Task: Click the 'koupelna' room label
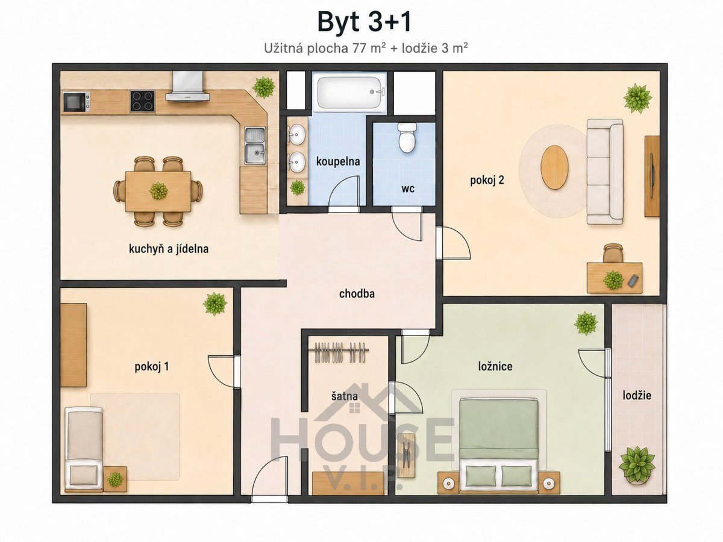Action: [x=338, y=161]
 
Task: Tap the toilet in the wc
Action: [x=407, y=138]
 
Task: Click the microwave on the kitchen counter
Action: [x=77, y=102]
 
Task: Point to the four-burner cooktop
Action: [x=142, y=101]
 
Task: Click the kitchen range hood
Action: [x=187, y=86]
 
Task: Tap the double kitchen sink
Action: [x=255, y=146]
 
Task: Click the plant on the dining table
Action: [x=158, y=191]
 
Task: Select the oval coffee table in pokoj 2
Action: [x=555, y=167]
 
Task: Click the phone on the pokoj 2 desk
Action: [x=633, y=281]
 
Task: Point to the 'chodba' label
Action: [x=357, y=293]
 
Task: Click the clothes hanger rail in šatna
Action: [x=341, y=352]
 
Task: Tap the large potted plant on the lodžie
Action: [x=637, y=465]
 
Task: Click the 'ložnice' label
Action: [x=495, y=366]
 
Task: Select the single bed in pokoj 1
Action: [x=84, y=449]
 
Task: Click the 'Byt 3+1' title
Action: [x=365, y=22]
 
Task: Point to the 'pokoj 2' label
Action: [x=487, y=180]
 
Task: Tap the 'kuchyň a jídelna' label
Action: [x=169, y=249]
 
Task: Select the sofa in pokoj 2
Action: [x=605, y=172]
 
